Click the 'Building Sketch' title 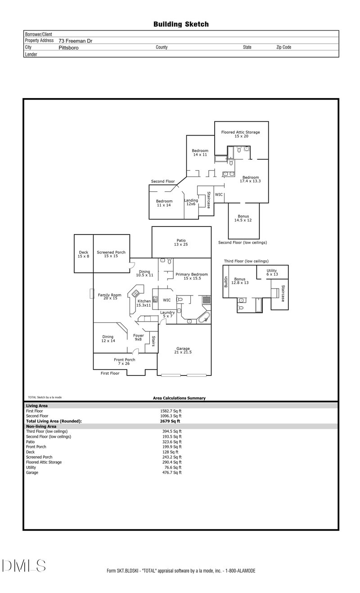click(181, 24)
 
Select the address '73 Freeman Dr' click(76, 41)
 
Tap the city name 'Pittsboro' click(68, 47)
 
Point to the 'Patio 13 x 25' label click(181, 242)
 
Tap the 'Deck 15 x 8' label click(84, 254)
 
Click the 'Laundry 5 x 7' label click(167, 314)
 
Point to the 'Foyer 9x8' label click(138, 337)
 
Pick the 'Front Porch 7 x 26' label click(124, 362)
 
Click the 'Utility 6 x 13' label click(272, 273)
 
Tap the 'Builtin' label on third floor click(226, 282)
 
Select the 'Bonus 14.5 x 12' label click(243, 218)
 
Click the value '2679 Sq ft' click(170, 421)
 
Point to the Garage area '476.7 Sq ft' click(172, 473)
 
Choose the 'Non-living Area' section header click(41, 426)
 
